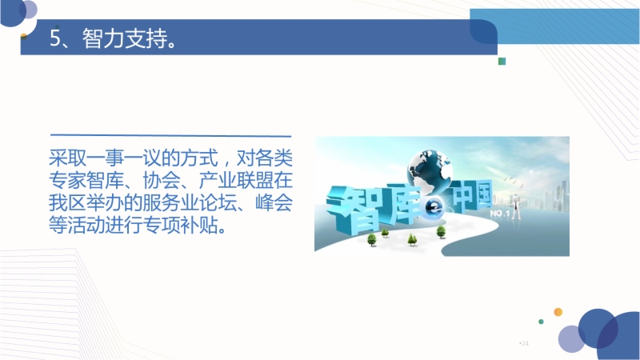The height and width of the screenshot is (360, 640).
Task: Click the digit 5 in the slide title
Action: (54, 38)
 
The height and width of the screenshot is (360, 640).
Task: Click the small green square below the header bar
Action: (502, 62)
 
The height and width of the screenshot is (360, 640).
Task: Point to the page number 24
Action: (525, 343)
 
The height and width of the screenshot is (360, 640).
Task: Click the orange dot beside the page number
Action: (558, 312)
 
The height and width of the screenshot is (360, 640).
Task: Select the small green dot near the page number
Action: (542, 322)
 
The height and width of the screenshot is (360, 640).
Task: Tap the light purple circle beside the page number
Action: (571, 338)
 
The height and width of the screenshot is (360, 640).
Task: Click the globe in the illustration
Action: (430, 171)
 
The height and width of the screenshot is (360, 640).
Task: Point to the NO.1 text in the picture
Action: (499, 214)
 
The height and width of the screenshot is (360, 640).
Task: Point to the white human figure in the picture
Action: (516, 207)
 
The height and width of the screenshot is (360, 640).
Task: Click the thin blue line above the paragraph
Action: (170, 135)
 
